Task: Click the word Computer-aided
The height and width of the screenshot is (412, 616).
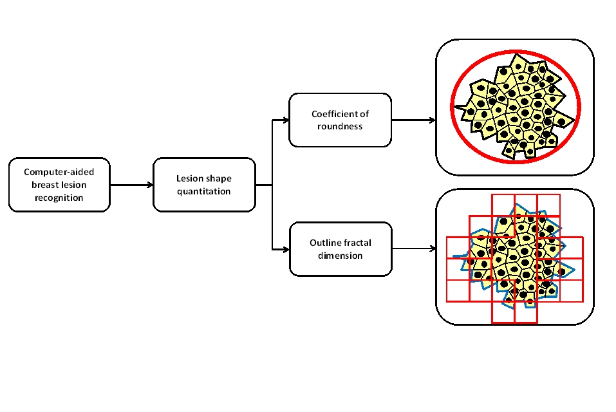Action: (59, 172)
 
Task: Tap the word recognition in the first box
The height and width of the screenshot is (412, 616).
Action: (59, 198)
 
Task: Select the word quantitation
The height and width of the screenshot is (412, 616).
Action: (203, 191)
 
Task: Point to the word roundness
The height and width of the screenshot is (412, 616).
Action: (340, 126)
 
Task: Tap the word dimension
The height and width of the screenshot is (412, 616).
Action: (340, 256)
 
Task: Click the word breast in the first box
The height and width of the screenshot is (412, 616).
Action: (42, 185)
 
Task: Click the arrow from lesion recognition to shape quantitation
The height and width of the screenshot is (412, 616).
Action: (132, 185)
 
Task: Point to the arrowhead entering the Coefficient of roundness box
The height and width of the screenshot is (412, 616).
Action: (285, 120)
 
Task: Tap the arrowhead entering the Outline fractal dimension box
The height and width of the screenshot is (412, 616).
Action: (285, 249)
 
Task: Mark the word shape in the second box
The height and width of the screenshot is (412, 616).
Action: (218, 178)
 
